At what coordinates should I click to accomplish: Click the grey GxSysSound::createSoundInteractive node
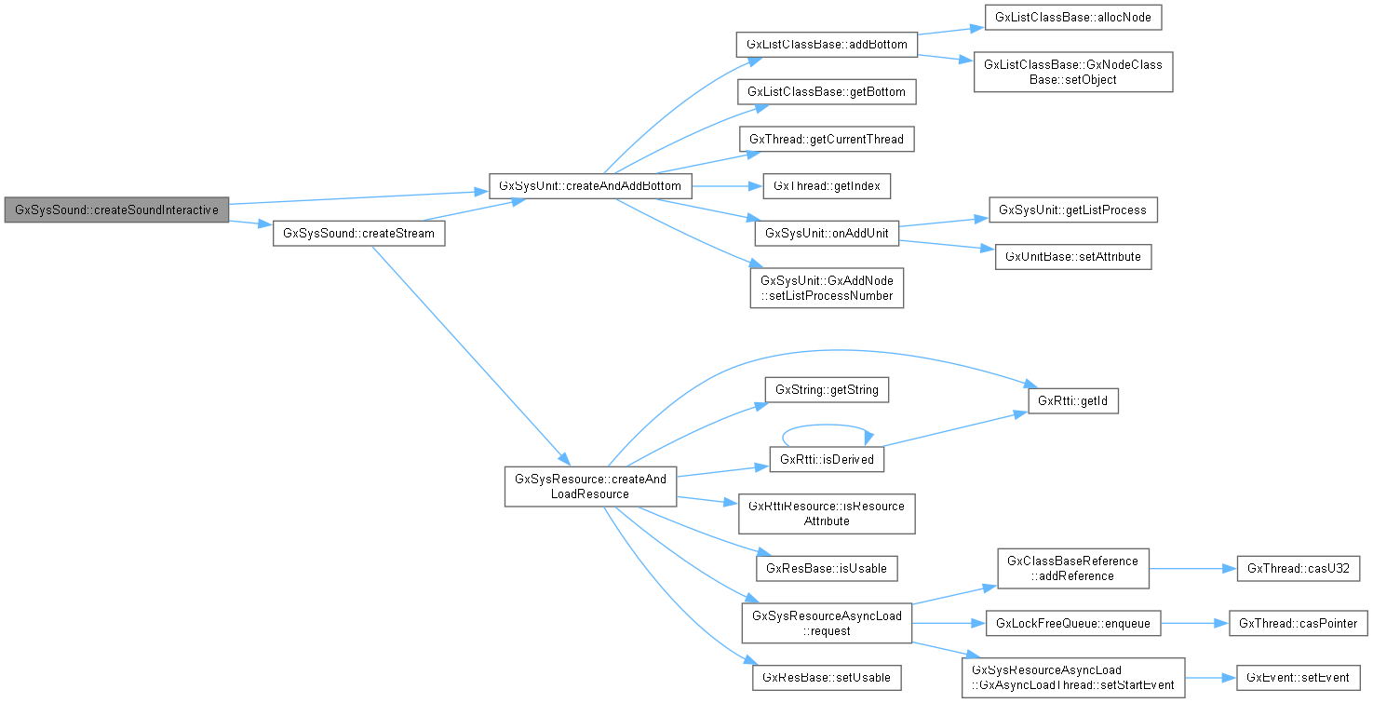tap(116, 210)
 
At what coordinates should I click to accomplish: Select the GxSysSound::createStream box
tap(358, 234)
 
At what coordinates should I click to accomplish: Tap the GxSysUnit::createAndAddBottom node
tap(590, 186)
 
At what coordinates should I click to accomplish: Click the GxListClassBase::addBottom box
tap(827, 44)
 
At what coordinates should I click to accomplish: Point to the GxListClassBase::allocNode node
tap(1060, 18)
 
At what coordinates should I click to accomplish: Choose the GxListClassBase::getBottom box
tap(827, 91)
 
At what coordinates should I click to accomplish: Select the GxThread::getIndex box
tap(827, 186)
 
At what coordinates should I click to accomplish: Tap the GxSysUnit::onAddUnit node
tap(827, 234)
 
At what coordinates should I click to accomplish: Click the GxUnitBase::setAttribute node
tap(1072, 256)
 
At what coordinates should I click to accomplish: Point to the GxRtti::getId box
tap(1072, 401)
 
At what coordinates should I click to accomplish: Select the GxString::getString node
tap(827, 389)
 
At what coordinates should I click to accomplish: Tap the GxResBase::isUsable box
tap(827, 567)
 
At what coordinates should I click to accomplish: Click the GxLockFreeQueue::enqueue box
tap(1072, 623)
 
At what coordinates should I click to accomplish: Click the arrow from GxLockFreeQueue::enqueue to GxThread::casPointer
tap(1194, 623)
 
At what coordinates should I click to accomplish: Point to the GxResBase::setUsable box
tap(827, 677)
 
